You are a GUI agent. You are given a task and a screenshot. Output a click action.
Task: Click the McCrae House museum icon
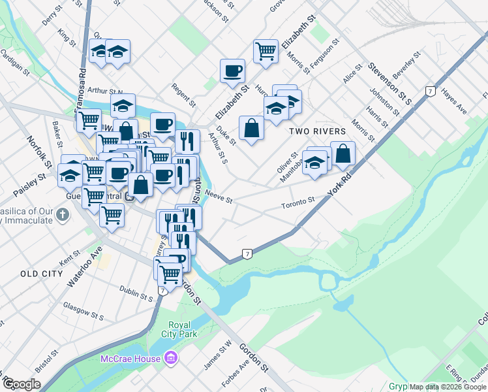[x=171, y=357]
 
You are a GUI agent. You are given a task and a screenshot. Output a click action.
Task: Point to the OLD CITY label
[x=40, y=273]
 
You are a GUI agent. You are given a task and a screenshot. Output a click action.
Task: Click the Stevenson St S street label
[x=390, y=84]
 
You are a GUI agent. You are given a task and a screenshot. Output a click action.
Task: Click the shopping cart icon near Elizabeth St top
[x=266, y=50]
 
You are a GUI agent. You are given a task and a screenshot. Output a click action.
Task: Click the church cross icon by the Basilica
[x=62, y=215]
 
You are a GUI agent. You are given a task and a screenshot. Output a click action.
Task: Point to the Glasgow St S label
[x=84, y=310]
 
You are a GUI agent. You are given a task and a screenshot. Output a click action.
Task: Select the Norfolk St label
[x=38, y=150]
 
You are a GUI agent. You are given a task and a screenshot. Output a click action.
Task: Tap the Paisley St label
[x=31, y=186]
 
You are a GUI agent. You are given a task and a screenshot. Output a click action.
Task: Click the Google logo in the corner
[x=22, y=384]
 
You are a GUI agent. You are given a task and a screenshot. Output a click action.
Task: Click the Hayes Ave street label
[x=454, y=101]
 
